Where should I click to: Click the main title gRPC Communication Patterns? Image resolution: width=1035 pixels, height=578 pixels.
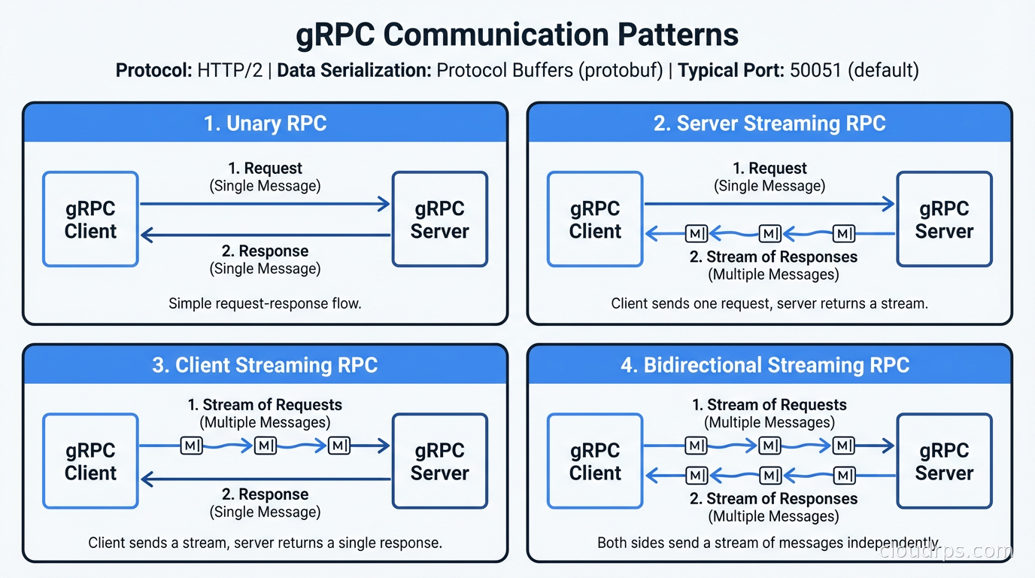click(517, 35)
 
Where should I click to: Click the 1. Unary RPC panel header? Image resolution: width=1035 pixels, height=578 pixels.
click(265, 123)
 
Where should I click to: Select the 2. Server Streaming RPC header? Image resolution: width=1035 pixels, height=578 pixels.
click(769, 123)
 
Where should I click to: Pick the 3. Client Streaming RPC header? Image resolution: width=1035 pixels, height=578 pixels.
click(265, 365)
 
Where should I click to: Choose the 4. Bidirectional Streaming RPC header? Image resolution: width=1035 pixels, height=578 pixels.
click(769, 365)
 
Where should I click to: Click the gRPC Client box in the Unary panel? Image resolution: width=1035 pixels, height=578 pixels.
click(90, 219)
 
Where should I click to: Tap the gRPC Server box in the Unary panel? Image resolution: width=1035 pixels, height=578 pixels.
click(440, 219)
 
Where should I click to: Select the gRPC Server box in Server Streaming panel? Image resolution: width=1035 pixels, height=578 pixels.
click(944, 219)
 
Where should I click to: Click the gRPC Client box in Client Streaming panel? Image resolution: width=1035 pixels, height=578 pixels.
click(90, 461)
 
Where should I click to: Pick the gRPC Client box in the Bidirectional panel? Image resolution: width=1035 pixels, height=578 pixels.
click(595, 461)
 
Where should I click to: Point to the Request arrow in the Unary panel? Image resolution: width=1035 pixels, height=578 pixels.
click(265, 203)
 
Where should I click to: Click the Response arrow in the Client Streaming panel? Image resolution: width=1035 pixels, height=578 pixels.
click(265, 478)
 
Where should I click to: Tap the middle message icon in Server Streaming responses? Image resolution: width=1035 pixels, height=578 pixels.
click(769, 234)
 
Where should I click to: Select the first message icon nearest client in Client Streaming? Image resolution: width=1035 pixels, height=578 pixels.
click(193, 446)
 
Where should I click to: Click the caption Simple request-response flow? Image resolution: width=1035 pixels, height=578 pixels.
click(265, 304)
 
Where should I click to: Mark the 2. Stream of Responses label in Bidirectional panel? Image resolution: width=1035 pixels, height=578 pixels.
click(773, 499)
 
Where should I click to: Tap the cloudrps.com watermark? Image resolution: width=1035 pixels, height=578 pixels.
click(945, 552)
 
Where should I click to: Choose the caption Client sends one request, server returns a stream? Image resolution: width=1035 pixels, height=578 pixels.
click(769, 304)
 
